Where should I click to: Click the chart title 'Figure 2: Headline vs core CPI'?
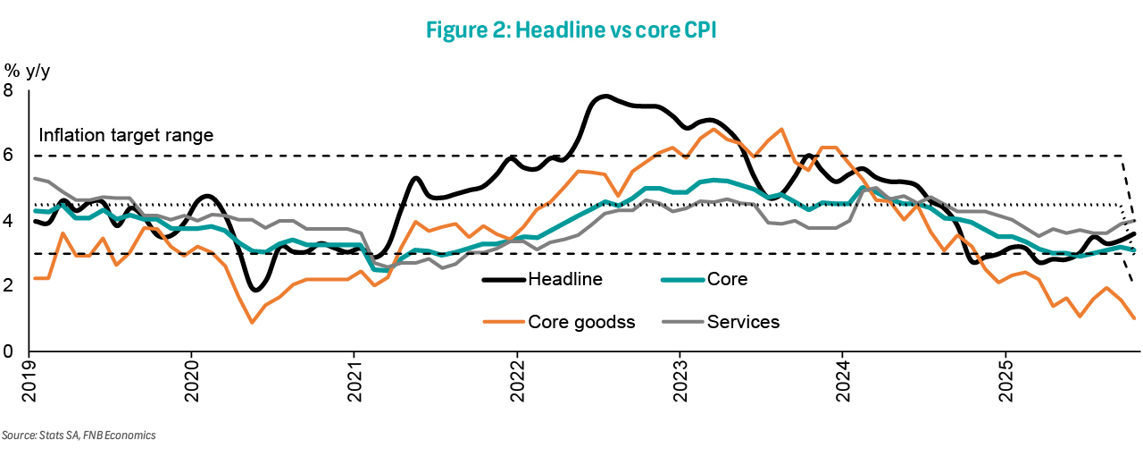pos(571,29)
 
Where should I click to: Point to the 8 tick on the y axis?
pos(9,90)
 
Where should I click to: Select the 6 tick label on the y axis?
pos(9,156)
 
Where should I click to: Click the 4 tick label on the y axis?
pos(9,221)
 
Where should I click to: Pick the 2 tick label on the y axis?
pos(9,286)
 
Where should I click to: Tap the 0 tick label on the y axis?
pos(9,351)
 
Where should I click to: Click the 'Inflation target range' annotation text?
pos(126,136)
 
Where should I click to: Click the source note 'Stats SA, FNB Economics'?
pos(79,435)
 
